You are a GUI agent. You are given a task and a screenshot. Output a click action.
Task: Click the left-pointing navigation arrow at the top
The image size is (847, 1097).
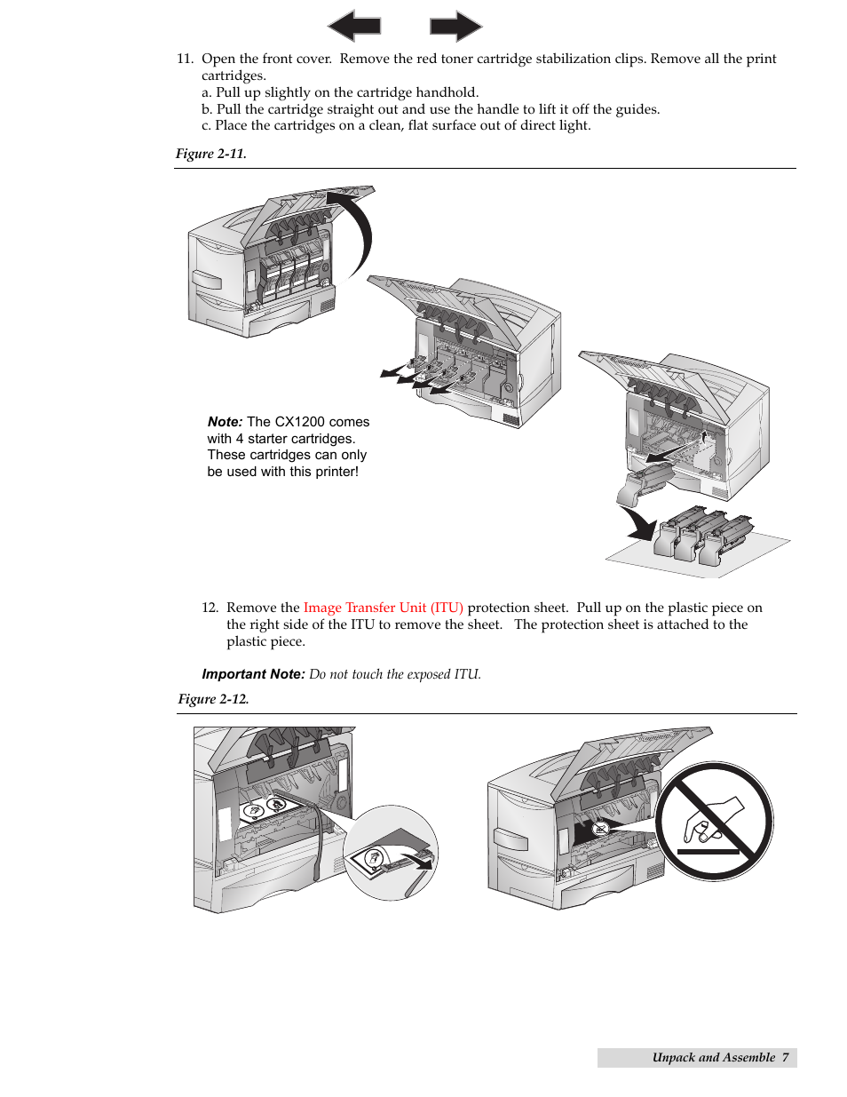tap(354, 26)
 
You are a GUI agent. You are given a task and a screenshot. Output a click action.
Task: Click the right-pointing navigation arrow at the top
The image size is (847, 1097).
tap(455, 26)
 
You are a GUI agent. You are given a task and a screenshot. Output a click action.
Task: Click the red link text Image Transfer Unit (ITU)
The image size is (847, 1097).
tap(383, 608)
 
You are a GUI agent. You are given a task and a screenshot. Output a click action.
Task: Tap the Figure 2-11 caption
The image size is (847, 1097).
tap(210, 154)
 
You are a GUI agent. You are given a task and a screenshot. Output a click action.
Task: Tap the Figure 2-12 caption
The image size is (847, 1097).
tap(213, 699)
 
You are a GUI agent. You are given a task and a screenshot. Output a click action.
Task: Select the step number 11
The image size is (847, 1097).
tap(184, 59)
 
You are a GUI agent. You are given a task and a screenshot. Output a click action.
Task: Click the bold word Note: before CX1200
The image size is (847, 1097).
tap(225, 422)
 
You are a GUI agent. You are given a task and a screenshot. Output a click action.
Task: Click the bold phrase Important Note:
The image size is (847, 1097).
tap(253, 674)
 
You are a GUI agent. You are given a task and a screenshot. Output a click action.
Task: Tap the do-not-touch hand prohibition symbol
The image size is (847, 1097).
tap(714, 821)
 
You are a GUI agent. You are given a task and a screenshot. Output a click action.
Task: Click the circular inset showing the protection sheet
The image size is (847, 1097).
tap(391, 853)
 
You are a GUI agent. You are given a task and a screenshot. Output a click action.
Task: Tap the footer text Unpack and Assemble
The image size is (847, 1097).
tap(713, 1057)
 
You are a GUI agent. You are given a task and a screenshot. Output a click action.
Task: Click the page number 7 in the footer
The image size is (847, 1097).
tap(785, 1057)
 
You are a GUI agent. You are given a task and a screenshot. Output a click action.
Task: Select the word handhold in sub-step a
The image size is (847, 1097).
tap(449, 92)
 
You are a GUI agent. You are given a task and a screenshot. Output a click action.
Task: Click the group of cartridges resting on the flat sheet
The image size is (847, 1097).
tap(702, 535)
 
